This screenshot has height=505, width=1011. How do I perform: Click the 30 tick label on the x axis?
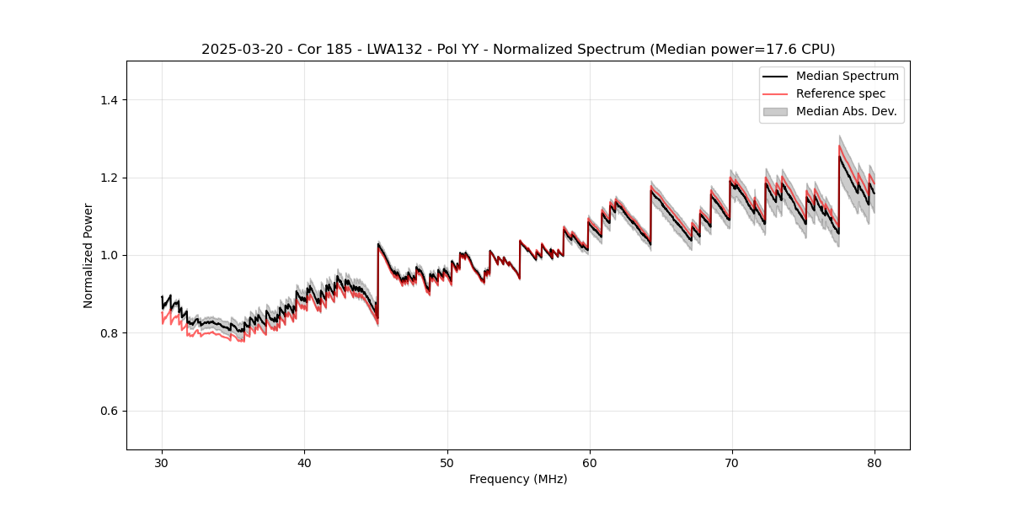pyautogui.click(x=162, y=462)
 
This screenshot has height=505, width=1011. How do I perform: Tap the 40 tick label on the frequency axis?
pyautogui.click(x=304, y=462)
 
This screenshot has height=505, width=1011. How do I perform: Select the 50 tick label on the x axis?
pyautogui.click(x=447, y=462)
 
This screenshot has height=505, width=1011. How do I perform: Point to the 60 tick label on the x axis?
pyautogui.click(x=590, y=462)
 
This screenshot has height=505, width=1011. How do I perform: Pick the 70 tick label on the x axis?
pyautogui.click(x=732, y=462)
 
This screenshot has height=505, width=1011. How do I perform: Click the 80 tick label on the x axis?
pyautogui.click(x=875, y=462)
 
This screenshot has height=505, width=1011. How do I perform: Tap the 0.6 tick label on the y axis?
pyautogui.click(x=109, y=411)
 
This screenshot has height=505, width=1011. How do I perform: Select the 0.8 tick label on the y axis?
pyautogui.click(x=109, y=333)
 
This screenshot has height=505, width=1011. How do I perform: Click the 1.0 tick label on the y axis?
pyautogui.click(x=109, y=255)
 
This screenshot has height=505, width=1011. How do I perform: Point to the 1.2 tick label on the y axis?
pyautogui.click(x=109, y=178)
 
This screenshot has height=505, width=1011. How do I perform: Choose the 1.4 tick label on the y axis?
pyautogui.click(x=109, y=100)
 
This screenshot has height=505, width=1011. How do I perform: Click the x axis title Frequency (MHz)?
pyautogui.click(x=518, y=479)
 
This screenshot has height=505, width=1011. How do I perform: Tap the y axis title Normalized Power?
pyautogui.click(x=88, y=255)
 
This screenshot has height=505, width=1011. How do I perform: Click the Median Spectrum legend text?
pyautogui.click(x=847, y=76)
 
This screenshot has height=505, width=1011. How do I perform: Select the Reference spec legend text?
pyautogui.click(x=841, y=93)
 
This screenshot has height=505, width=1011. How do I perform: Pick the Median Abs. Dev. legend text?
pyautogui.click(x=846, y=111)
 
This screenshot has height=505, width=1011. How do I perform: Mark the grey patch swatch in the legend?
pyautogui.click(x=775, y=111)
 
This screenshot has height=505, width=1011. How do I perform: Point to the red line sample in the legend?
pyautogui.click(x=775, y=93)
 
